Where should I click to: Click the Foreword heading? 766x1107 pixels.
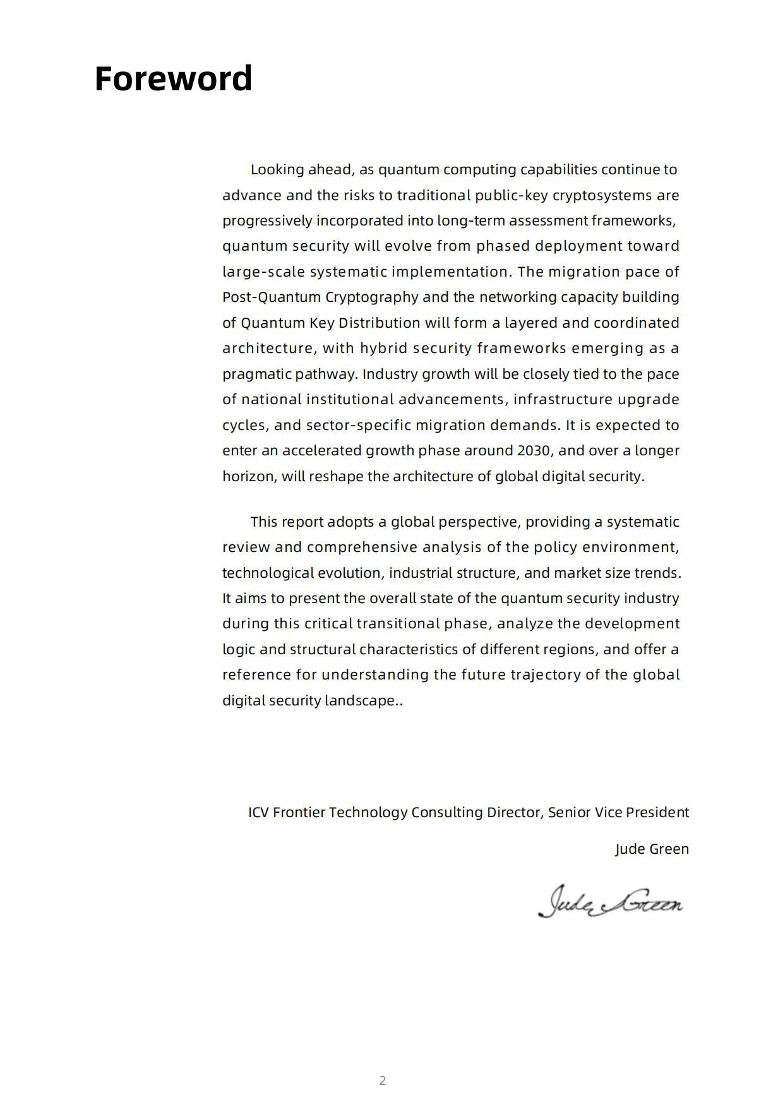point(173,79)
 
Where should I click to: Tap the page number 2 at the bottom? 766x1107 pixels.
point(382,1080)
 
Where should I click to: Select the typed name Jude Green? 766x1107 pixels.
point(652,849)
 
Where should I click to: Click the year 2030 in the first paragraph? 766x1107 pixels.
point(534,450)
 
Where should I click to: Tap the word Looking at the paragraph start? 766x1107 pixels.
point(277,169)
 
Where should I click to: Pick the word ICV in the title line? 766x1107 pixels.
point(258,812)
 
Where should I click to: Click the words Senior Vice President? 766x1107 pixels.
point(618,812)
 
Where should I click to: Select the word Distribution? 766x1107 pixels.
point(380,323)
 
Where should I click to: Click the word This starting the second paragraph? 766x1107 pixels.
point(264,522)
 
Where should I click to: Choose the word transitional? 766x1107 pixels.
point(398,623)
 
